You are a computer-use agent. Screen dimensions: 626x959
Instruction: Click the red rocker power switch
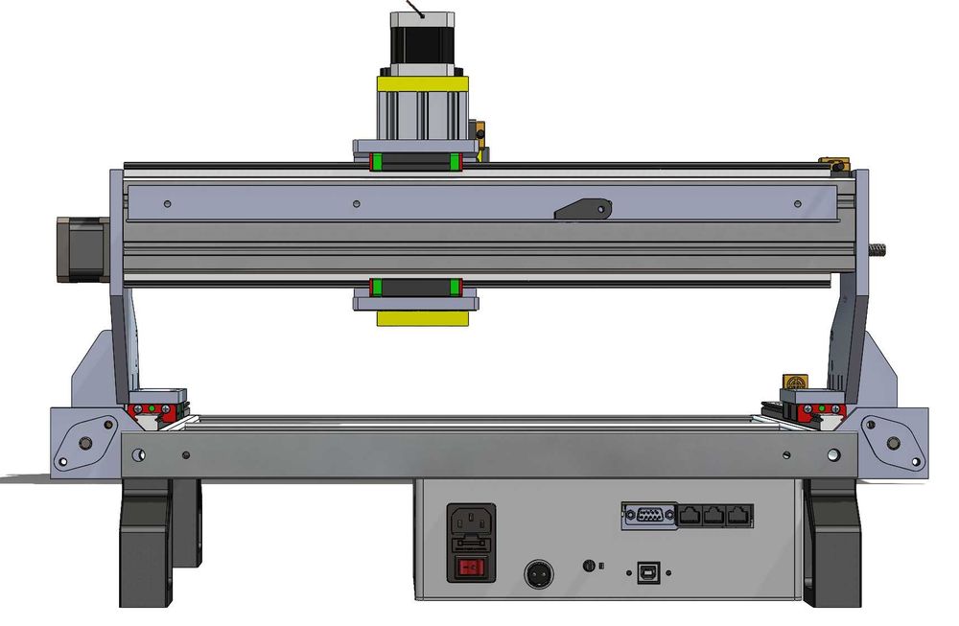pos(471,568)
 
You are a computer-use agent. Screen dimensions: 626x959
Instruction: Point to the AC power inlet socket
pos(471,525)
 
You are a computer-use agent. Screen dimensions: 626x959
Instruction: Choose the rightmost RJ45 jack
pos(737,516)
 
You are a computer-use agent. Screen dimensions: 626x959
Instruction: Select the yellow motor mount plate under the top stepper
pos(422,83)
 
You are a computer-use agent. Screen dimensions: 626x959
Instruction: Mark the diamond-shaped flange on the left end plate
pos(80,442)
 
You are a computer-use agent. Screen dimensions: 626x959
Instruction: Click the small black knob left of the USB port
pos(589,566)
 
